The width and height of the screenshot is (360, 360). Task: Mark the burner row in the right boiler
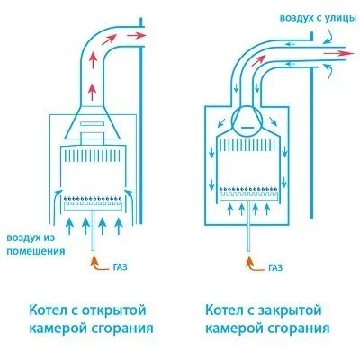247,192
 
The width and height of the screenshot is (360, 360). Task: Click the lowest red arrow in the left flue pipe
94,92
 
